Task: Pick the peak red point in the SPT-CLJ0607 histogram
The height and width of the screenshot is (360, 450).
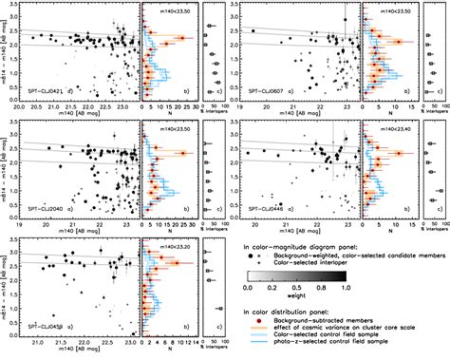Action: (x=399, y=42)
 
